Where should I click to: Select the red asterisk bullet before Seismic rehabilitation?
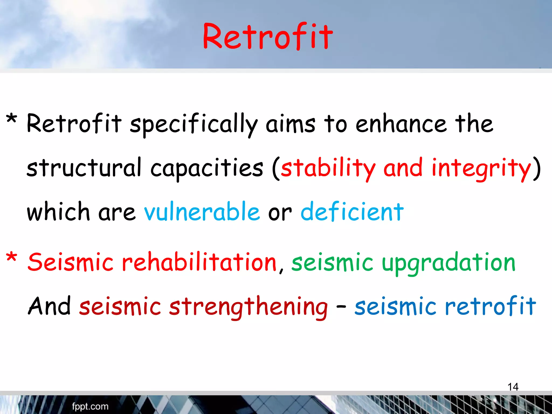(12, 257)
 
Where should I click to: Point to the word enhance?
(401, 124)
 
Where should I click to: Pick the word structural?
(84, 168)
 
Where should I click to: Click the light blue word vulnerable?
(202, 212)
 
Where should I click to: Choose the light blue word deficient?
(352, 212)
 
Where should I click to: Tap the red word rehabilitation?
(199, 262)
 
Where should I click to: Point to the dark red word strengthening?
(248, 307)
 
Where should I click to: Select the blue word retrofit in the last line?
(490, 306)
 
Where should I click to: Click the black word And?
(49, 306)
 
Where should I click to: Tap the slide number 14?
(513, 387)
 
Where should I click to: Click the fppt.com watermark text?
(90, 406)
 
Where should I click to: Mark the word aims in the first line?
(290, 124)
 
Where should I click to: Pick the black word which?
(58, 212)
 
